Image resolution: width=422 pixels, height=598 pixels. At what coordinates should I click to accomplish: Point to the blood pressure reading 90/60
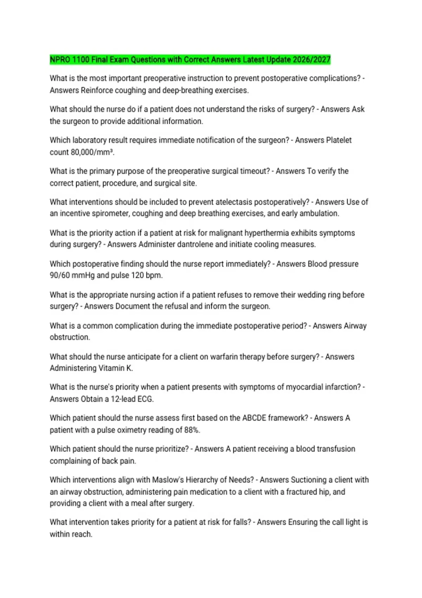coord(60,275)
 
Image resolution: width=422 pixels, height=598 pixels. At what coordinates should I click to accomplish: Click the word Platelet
coord(339,140)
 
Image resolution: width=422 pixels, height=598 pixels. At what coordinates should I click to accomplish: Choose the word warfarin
coord(224,357)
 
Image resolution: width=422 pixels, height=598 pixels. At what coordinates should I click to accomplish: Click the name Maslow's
coord(167,480)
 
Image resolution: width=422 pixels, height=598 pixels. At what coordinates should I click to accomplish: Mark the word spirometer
coord(110,213)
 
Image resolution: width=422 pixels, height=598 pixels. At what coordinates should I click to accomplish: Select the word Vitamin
coord(112,368)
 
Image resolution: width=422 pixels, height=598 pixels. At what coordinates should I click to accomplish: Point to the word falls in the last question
coord(243,522)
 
